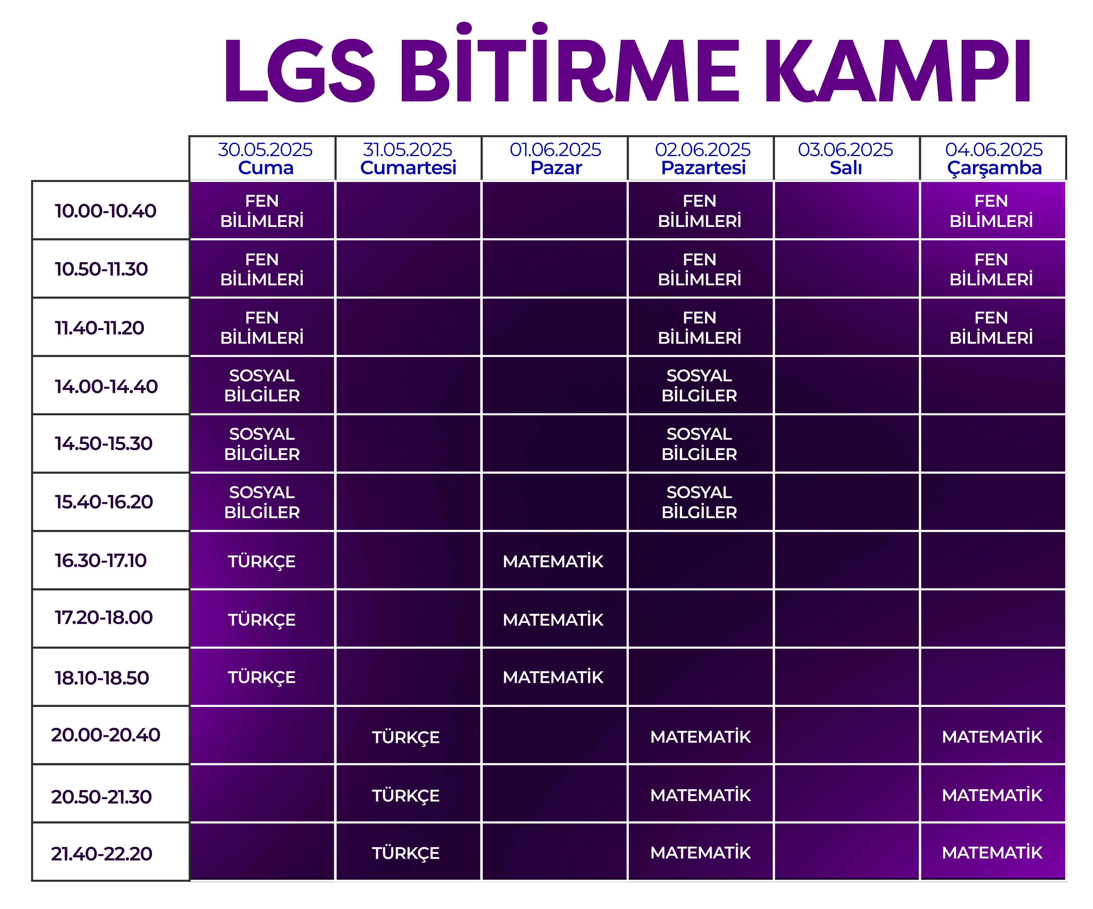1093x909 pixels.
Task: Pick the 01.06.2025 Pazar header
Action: (x=555, y=158)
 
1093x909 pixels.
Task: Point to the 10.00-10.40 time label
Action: (x=106, y=211)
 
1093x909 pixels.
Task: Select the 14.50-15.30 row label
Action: (x=104, y=444)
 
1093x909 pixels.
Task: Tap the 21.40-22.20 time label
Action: (x=102, y=854)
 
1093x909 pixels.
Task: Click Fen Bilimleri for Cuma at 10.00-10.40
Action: (x=262, y=211)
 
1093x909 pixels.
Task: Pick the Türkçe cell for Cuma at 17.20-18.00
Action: (x=262, y=620)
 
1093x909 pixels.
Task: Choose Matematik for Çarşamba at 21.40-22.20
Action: (x=992, y=853)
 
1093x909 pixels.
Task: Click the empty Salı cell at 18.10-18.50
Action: (x=846, y=677)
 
